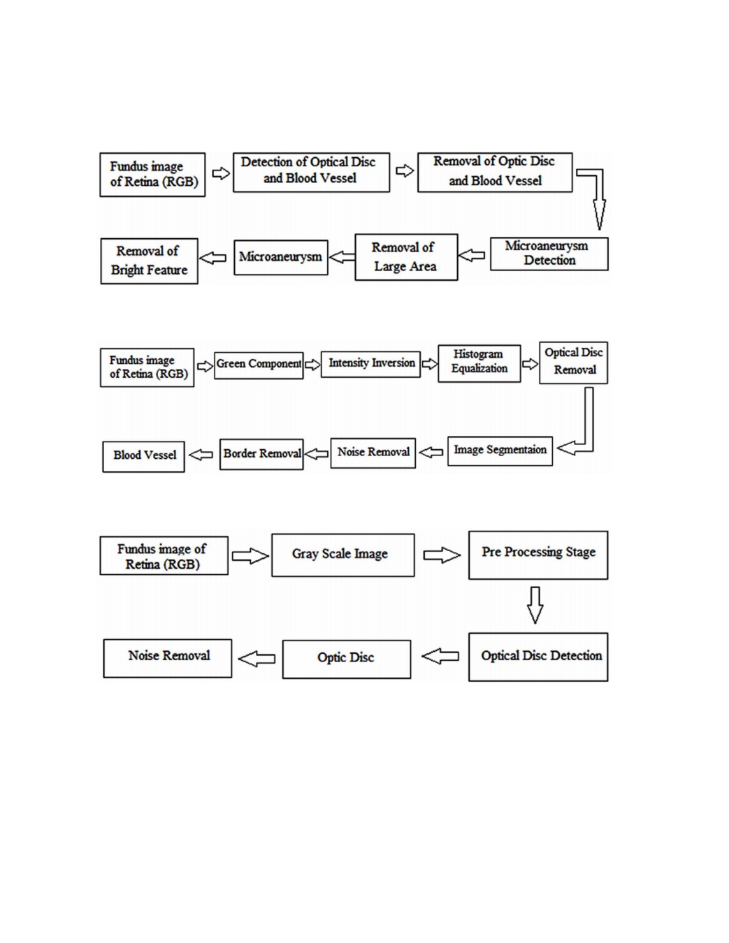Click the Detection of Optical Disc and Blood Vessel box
311,173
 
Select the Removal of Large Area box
406,257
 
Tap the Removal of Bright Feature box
149,261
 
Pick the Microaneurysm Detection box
549,254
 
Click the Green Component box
259,365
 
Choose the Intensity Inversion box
370,364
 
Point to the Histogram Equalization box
479,364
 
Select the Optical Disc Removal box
573,363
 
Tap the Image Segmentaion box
500,451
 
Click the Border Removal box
261,454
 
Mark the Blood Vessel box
143,457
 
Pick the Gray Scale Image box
342,555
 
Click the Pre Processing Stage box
538,555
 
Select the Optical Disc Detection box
538,657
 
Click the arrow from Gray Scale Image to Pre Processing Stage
442,555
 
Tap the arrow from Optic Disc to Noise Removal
257,659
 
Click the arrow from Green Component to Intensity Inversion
312,365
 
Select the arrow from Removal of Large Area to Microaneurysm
342,257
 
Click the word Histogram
478,354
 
